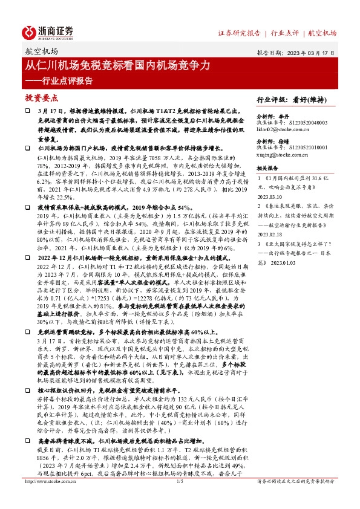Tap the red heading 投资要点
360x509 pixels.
(x=41, y=97)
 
